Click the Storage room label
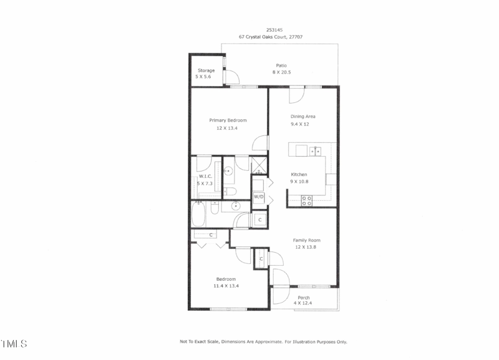[x=206, y=71]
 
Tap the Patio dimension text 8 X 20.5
[x=281, y=72]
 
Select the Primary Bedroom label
[x=228, y=120]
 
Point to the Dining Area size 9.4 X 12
[x=300, y=124]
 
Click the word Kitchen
[x=299, y=175]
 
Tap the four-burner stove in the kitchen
[x=307, y=201]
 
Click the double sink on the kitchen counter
[x=315, y=151]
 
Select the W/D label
[x=259, y=197]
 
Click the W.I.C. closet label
[x=205, y=177]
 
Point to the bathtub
[x=198, y=215]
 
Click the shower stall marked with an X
[x=258, y=165]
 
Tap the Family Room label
[x=306, y=240]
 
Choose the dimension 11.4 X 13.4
[x=226, y=286]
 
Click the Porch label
[x=304, y=298]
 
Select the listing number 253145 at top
[x=274, y=30]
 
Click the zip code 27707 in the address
[x=296, y=37]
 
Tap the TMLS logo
[x=14, y=344]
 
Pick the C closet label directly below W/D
[x=260, y=220]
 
